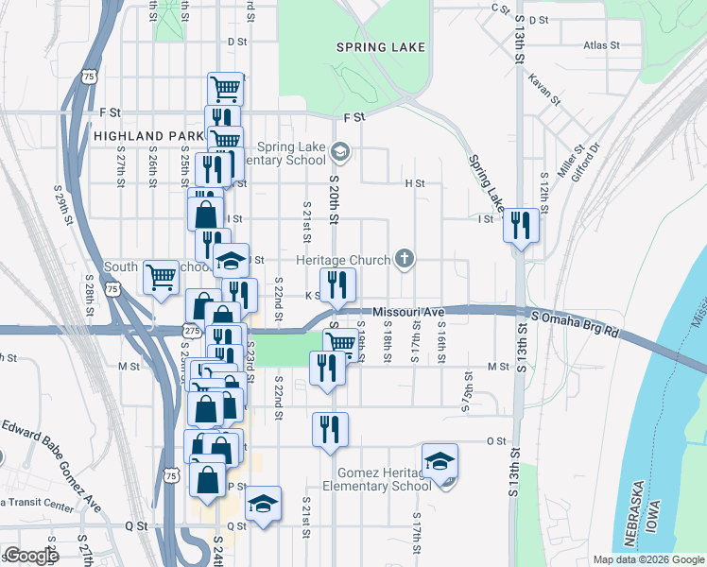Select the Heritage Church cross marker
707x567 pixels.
pos(405,258)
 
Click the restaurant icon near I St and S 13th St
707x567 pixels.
pos(521,225)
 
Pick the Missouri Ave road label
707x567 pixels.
pos(408,312)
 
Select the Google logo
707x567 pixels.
pos(31,556)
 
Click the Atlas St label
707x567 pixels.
pos(601,44)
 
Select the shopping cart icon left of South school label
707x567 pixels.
pos(162,277)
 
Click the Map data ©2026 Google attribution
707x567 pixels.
pos(648,559)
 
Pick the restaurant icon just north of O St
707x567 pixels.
pos(330,429)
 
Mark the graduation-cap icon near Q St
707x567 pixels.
pos(264,503)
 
